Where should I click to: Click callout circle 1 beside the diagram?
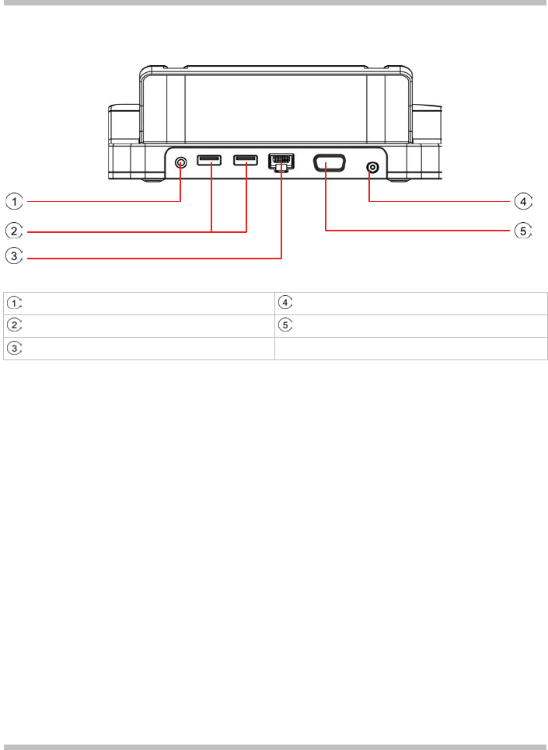coord(13,202)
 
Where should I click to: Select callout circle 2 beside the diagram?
coord(13,231)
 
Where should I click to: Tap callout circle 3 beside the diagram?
coord(13,259)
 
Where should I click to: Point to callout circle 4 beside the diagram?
coord(524,202)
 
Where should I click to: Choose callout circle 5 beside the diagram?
coord(524,231)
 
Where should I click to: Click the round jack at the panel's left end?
coord(181,163)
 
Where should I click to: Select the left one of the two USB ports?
coord(209,161)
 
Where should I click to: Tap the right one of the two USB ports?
coord(246,161)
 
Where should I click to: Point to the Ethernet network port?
coord(281,162)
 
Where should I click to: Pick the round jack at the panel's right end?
coord(373,167)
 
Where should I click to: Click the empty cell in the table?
coord(411,349)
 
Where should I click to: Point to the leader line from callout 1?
coord(101,202)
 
